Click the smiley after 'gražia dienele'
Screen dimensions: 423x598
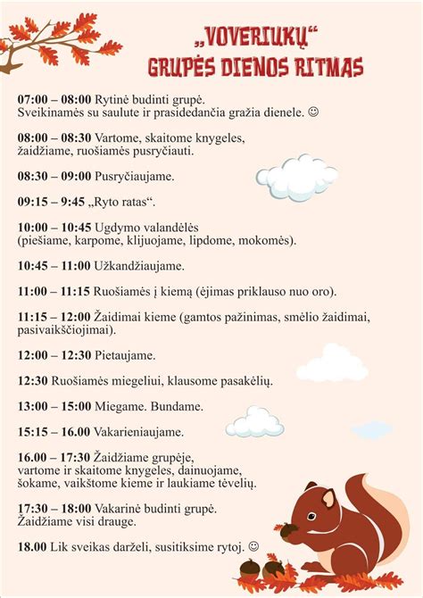(x=312, y=112)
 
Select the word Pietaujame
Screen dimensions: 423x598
(x=125, y=354)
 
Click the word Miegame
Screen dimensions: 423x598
(x=122, y=406)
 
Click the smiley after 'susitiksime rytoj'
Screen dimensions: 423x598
(x=254, y=545)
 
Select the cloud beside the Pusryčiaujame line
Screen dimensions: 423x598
(x=297, y=177)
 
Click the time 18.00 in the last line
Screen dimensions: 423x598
(x=32, y=545)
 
